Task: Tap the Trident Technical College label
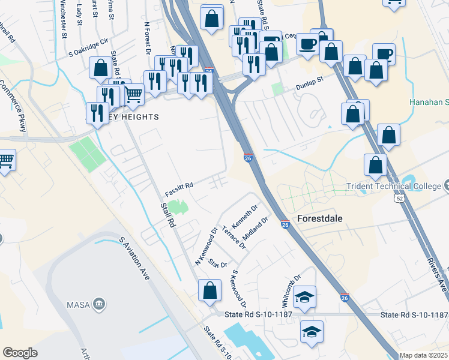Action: coord(393,187)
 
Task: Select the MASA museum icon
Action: coord(100,305)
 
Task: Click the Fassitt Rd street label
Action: coord(179,188)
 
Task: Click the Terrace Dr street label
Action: coord(234,238)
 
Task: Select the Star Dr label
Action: coord(218,263)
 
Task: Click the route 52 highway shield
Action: coord(399,197)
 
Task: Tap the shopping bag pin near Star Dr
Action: coord(209,291)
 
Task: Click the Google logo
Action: coord(20,353)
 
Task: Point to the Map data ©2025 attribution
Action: coord(423,355)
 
